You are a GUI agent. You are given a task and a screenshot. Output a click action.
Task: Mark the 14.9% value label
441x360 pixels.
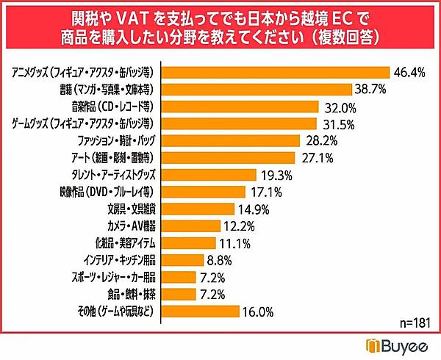(x=254, y=209)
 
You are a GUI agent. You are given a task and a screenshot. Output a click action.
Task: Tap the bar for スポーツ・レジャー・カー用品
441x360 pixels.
(x=177, y=277)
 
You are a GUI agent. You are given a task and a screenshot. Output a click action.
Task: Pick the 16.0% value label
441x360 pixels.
(x=259, y=312)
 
